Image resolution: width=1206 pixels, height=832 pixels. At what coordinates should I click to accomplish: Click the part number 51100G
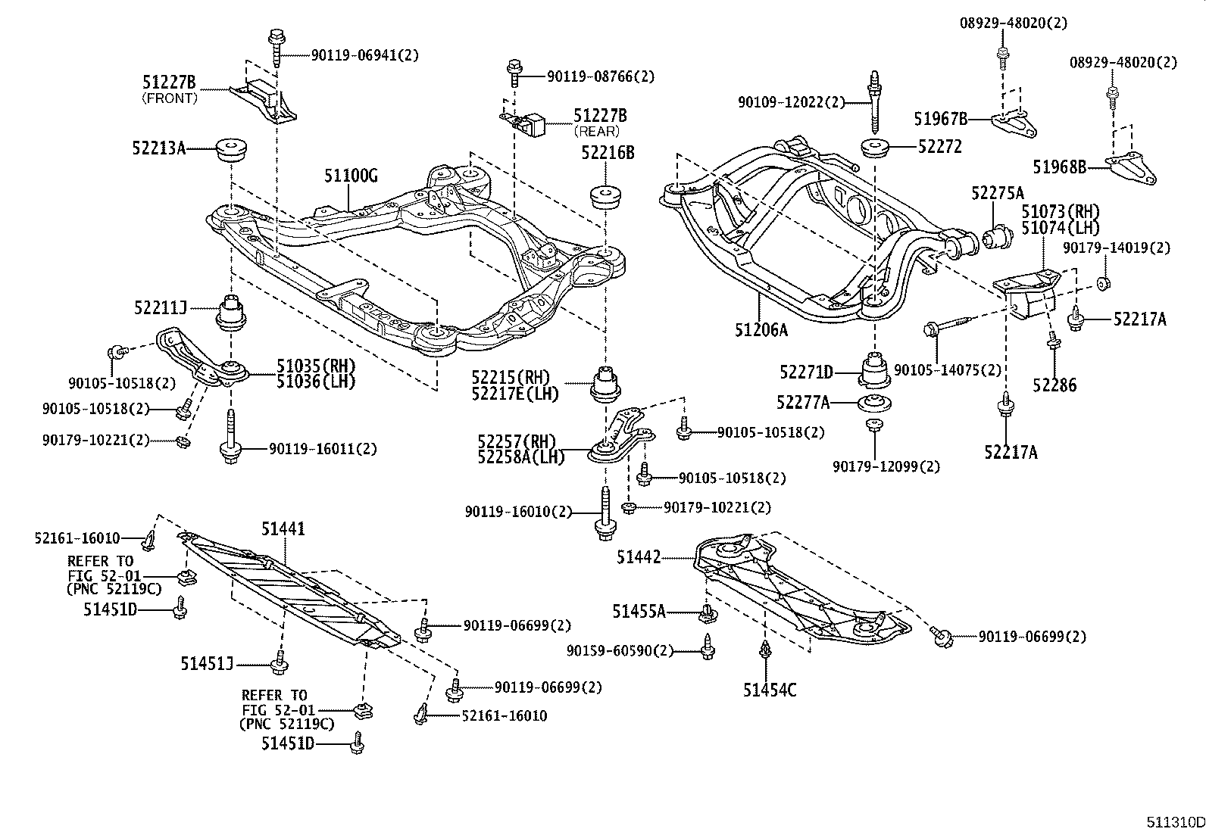[351, 176]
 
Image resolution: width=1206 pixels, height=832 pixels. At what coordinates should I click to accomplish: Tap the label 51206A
[761, 330]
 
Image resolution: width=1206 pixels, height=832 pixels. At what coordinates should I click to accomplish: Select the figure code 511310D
[1176, 822]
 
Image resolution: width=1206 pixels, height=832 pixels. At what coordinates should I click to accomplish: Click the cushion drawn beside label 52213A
[232, 149]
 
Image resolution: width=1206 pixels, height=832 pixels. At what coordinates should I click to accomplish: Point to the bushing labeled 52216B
[606, 197]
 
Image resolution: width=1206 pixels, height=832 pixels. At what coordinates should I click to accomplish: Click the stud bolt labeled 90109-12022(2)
[875, 102]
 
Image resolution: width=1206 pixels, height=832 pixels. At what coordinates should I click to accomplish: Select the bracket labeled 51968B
[1130, 169]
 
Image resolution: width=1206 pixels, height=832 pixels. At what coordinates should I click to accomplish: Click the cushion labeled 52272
[875, 148]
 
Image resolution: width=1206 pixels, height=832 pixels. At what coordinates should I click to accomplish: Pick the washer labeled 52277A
[874, 403]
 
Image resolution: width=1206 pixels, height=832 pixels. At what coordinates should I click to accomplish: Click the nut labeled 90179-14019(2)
[1104, 283]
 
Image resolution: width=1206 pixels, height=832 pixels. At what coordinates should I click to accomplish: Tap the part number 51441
[283, 528]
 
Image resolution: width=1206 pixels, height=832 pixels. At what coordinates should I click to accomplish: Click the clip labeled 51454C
[765, 650]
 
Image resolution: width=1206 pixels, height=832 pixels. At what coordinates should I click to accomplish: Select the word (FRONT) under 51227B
[170, 98]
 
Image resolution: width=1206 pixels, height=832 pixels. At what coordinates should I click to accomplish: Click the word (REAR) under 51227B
[596, 131]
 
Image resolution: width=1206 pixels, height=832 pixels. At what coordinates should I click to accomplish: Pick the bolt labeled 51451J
[280, 662]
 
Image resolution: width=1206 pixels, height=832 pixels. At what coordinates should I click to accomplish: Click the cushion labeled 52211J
[231, 312]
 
